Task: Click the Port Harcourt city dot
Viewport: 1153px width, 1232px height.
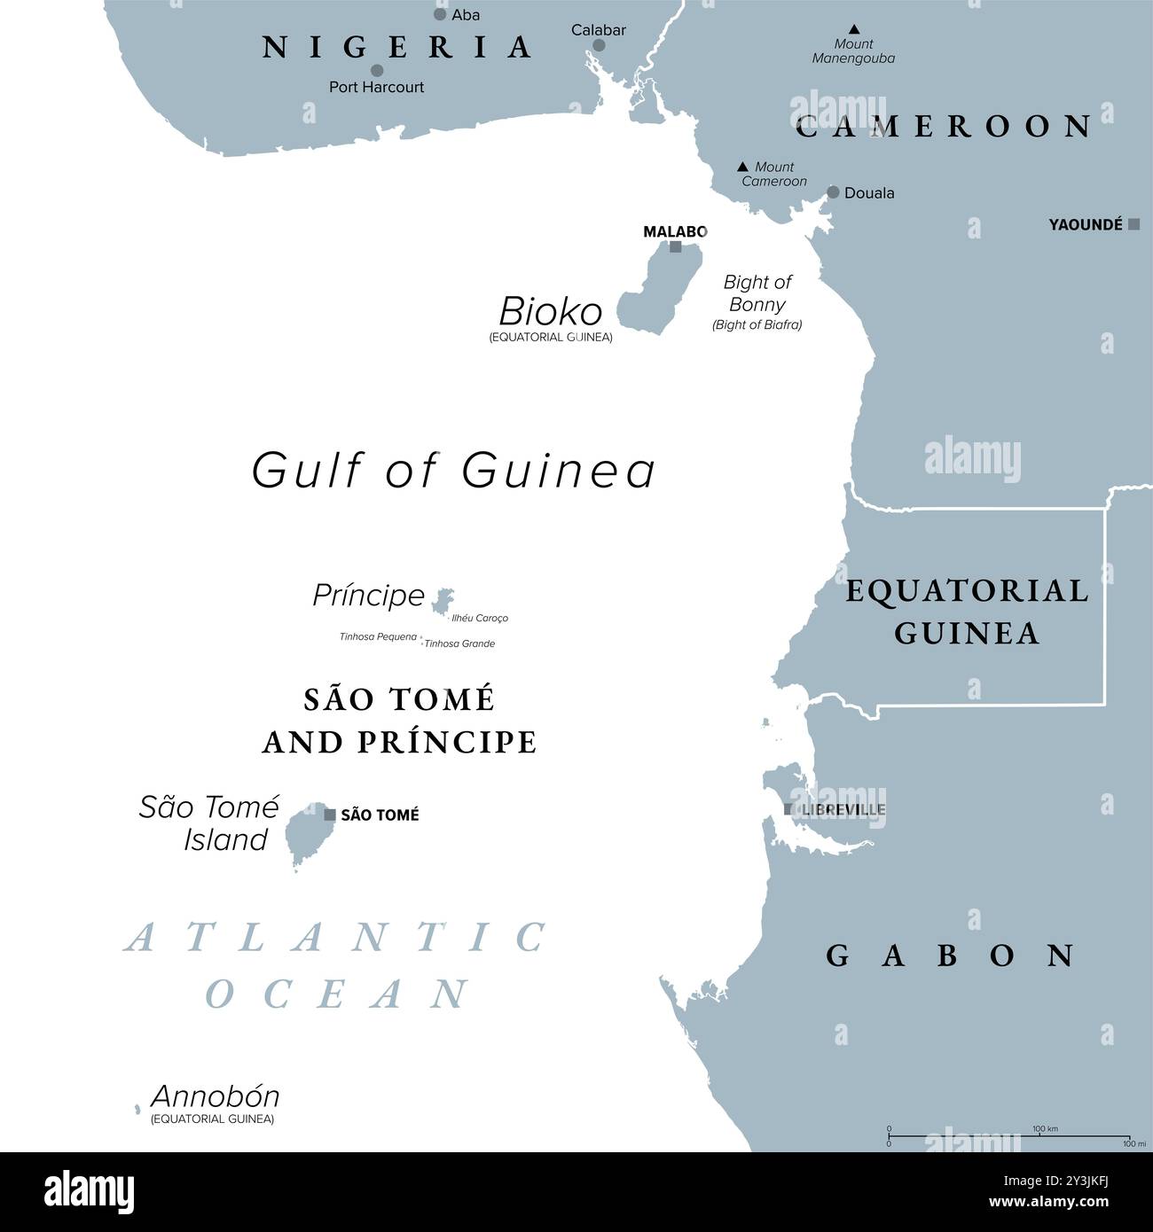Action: click(x=377, y=70)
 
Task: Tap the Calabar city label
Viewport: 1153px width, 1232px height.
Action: click(x=598, y=30)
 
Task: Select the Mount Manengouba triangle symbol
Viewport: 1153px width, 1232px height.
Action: click(x=853, y=29)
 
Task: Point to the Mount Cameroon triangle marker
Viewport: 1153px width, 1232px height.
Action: click(x=742, y=167)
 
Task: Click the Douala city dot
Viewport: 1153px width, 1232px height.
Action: click(x=833, y=192)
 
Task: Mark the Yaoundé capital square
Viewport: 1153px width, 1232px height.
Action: click(x=1133, y=224)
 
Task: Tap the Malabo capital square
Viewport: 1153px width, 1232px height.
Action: click(x=676, y=247)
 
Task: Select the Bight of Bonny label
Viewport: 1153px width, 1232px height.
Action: click(x=757, y=293)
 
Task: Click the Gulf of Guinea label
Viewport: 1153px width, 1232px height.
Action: click(x=453, y=470)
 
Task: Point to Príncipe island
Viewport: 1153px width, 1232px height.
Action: click(x=442, y=601)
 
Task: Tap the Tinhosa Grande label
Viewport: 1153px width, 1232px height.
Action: click(x=459, y=643)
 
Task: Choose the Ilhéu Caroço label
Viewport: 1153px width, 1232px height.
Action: click(x=480, y=619)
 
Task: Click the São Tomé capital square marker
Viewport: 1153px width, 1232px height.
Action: click(x=330, y=814)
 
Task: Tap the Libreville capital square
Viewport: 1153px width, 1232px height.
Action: click(x=788, y=809)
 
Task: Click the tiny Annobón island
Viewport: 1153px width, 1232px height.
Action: click(x=137, y=1109)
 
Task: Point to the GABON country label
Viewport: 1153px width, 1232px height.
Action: click(x=950, y=955)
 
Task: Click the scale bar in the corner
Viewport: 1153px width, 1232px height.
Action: click(x=1008, y=1136)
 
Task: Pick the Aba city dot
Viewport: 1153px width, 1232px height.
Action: click(x=440, y=14)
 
